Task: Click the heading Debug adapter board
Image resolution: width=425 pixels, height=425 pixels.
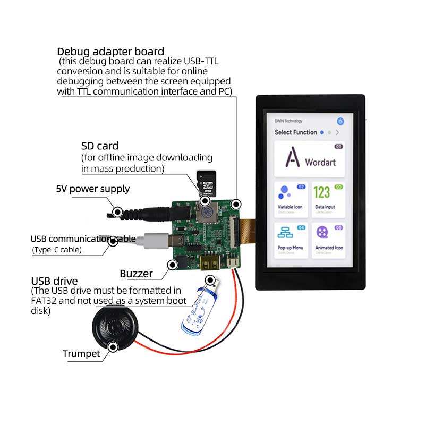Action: click(x=110, y=52)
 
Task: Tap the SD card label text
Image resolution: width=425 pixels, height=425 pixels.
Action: click(x=100, y=146)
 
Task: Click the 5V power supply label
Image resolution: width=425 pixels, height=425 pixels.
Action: click(x=93, y=189)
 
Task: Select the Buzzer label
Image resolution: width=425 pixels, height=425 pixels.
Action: click(x=136, y=274)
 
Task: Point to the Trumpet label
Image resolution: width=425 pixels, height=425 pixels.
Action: click(x=81, y=354)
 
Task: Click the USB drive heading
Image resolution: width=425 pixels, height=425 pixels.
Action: click(x=54, y=281)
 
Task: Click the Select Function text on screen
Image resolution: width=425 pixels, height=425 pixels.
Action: click(x=295, y=132)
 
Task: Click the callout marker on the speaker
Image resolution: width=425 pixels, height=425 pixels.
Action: click(x=113, y=347)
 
